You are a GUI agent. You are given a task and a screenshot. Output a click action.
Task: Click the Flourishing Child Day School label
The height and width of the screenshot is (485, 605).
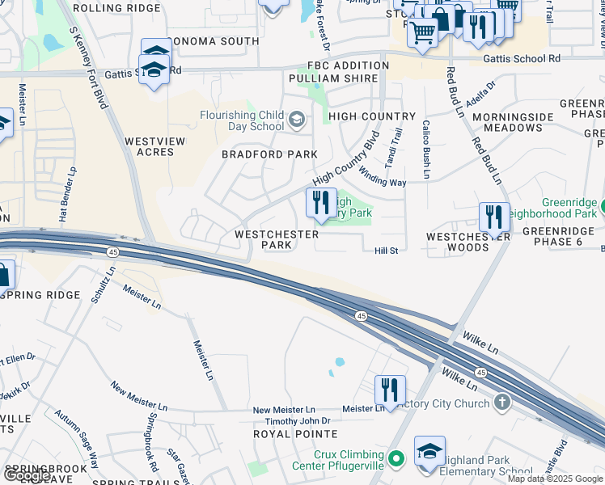pos(243,120)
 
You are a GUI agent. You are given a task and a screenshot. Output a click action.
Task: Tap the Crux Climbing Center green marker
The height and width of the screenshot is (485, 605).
pos(396,460)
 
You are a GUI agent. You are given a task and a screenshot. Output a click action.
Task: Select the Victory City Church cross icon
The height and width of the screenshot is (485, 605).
pos(502,401)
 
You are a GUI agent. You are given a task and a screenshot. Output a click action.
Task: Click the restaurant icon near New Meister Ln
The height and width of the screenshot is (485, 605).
pos(390,390)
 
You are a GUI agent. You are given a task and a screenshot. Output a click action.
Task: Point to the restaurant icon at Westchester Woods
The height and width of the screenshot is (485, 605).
pos(493,217)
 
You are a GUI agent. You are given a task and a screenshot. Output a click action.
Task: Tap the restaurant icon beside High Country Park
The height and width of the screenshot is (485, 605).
pos(321,202)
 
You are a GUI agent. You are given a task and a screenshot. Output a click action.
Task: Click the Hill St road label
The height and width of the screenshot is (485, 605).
pos(387,251)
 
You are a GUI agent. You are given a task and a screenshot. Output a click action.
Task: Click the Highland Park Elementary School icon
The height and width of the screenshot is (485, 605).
pos(429,453)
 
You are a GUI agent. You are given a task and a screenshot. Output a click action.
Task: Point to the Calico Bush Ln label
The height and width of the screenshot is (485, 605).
pos(424,149)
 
